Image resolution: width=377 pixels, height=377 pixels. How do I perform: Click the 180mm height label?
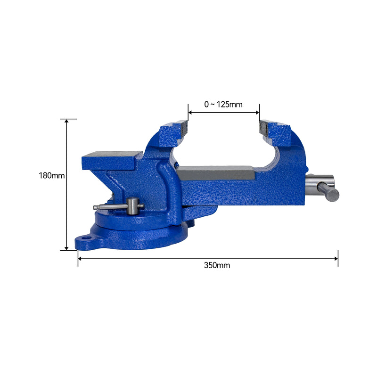52,175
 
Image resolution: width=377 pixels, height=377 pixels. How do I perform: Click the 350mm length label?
217,265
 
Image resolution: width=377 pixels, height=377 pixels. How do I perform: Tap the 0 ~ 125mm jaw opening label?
223,104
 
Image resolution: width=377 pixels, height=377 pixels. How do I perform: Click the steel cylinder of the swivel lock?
132,206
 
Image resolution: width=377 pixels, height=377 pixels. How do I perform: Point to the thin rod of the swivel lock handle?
111,206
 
